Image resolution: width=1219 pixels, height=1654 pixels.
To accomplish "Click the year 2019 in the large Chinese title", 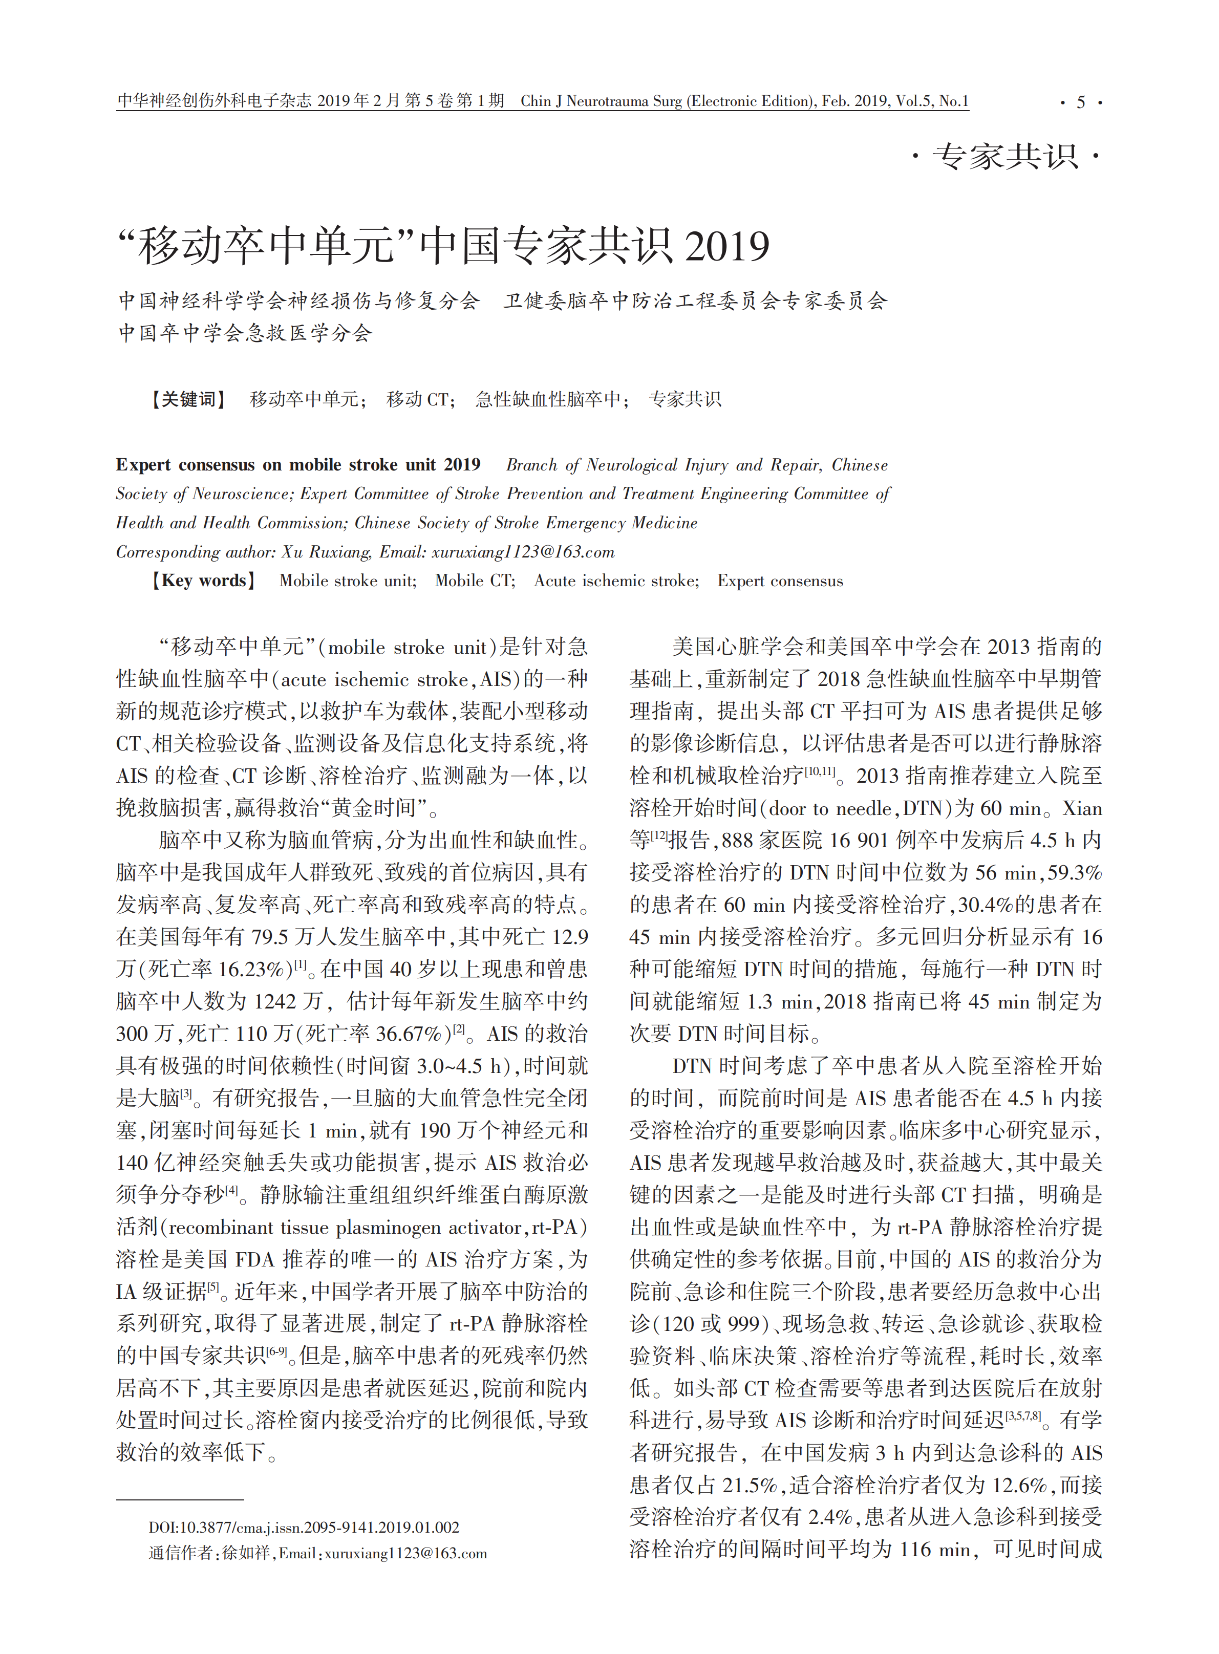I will [x=727, y=246].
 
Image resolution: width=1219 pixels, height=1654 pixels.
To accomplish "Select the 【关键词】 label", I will [x=188, y=400].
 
